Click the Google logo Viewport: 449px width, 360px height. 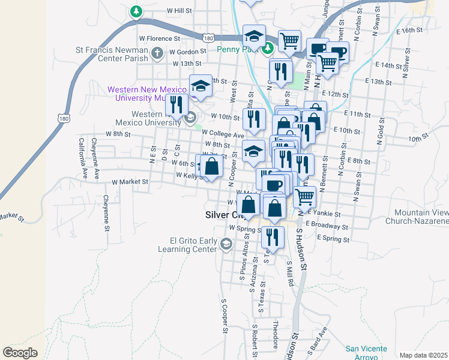(x=20, y=353)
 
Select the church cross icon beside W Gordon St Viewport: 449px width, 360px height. (x=157, y=54)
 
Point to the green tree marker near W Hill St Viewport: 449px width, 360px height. (x=137, y=11)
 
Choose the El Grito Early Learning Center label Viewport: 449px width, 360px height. (x=187, y=244)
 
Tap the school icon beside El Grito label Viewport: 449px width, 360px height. (x=226, y=244)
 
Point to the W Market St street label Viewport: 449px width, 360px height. (x=130, y=181)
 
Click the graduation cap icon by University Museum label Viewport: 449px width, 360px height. (x=200, y=86)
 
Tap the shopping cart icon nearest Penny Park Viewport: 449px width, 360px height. (x=290, y=41)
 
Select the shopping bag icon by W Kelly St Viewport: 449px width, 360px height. (x=211, y=166)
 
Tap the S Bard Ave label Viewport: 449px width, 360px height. (x=319, y=339)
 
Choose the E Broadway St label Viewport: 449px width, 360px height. (x=327, y=226)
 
